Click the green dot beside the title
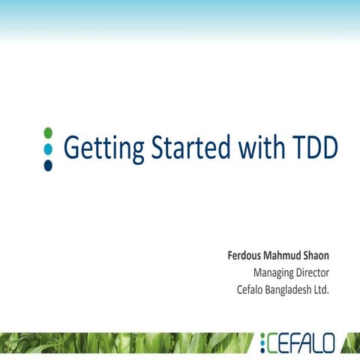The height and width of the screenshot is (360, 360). [x=48, y=132]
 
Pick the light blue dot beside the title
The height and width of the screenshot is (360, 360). [x=48, y=148]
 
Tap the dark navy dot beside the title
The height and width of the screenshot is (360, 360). [x=48, y=165]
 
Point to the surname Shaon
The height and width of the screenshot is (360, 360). [x=318, y=256]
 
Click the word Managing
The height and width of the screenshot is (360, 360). [x=273, y=272]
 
